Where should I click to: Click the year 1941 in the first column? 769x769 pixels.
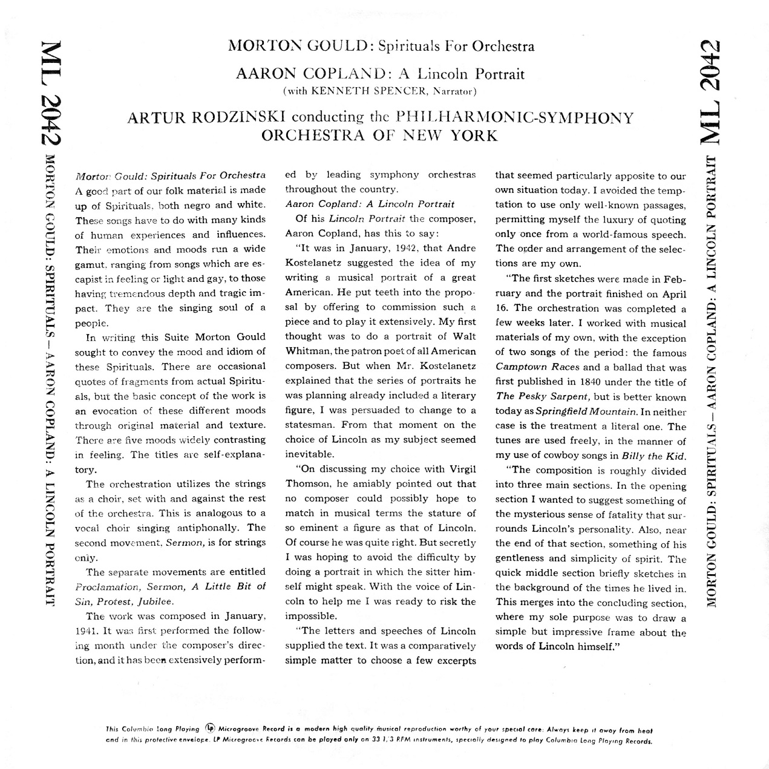coord(85,631)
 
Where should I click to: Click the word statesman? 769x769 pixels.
coord(308,425)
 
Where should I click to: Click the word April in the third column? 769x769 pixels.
coord(674,294)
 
